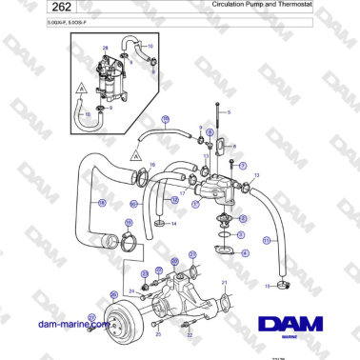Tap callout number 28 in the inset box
(105, 47)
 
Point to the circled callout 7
(244, 166)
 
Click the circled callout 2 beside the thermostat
(242, 217)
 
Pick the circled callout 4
(246, 252)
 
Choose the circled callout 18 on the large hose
(102, 202)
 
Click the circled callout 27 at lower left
(91, 317)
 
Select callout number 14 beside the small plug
(173, 224)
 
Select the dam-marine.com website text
(71, 324)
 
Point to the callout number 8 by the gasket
(234, 146)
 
